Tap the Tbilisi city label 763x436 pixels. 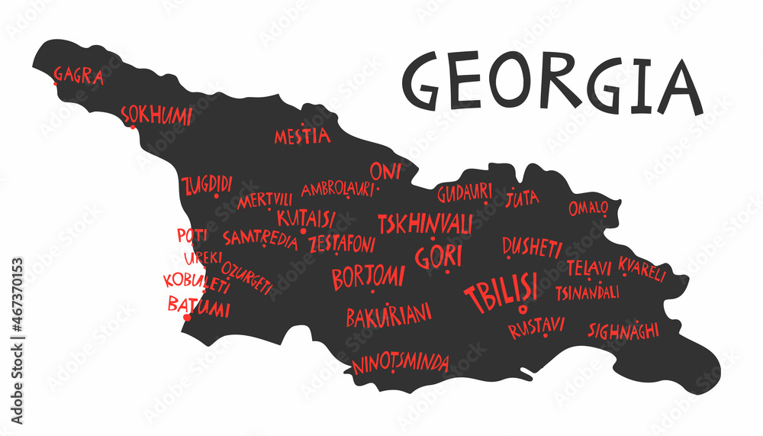click(x=501, y=291)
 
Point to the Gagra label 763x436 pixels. click(x=78, y=74)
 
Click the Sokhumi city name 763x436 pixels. click(x=157, y=115)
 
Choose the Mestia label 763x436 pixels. click(x=302, y=136)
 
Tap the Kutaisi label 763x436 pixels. click(x=305, y=218)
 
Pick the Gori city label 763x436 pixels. click(x=439, y=257)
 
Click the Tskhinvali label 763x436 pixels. click(x=425, y=224)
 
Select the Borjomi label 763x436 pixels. click(x=368, y=276)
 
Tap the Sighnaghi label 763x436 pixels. click(x=623, y=330)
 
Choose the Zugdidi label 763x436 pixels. click(x=207, y=185)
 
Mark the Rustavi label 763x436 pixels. click(x=536, y=328)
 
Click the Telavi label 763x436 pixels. click(x=589, y=268)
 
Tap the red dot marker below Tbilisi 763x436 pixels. click(x=523, y=309)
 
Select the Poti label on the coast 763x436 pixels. click(x=192, y=235)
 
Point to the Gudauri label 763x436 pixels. click(x=464, y=193)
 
